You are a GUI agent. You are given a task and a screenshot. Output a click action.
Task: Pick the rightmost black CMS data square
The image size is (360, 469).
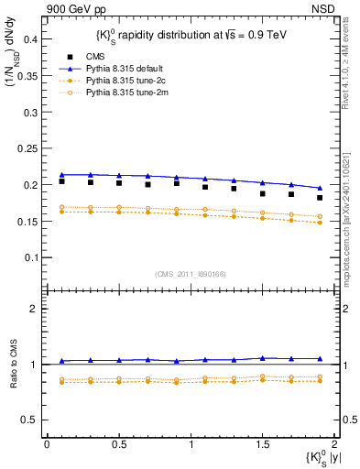click(x=320, y=198)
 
